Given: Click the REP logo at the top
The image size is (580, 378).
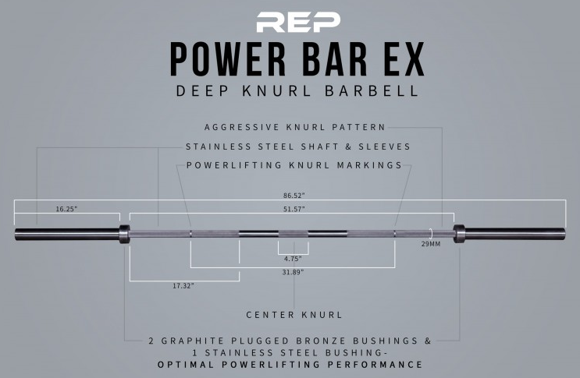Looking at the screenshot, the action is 298,22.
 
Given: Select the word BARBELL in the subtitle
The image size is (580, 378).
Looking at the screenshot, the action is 372,91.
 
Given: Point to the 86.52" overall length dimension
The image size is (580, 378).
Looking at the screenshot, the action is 294,196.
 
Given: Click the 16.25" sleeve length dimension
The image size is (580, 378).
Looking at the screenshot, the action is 66,209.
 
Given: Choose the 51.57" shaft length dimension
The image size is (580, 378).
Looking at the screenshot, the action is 294,209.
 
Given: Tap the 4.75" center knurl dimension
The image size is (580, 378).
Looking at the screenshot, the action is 293,259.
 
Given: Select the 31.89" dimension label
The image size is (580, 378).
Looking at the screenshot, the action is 293,273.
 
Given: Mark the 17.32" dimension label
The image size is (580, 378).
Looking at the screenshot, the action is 183,286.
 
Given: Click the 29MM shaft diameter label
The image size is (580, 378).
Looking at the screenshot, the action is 431,244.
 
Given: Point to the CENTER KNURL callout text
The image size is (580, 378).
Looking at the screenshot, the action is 294,315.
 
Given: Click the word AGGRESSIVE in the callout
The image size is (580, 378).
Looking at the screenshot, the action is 242,127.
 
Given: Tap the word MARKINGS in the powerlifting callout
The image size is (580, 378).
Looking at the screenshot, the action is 369,165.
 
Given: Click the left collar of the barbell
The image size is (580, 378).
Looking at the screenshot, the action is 124,234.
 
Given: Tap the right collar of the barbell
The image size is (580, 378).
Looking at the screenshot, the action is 459,234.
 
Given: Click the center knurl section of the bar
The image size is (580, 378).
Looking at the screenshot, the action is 294,234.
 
